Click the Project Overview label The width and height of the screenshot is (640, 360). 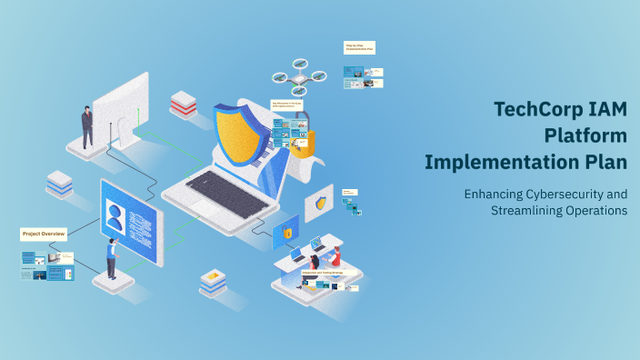click(44, 235)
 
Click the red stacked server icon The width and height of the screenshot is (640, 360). click(183, 104)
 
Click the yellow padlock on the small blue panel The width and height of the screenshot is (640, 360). click(287, 233)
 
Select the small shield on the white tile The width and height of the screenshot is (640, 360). click(320, 205)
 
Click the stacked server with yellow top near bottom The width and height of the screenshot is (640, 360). click(214, 281)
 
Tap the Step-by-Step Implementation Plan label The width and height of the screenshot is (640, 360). click(359, 47)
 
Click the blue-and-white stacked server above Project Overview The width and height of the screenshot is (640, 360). click(60, 184)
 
